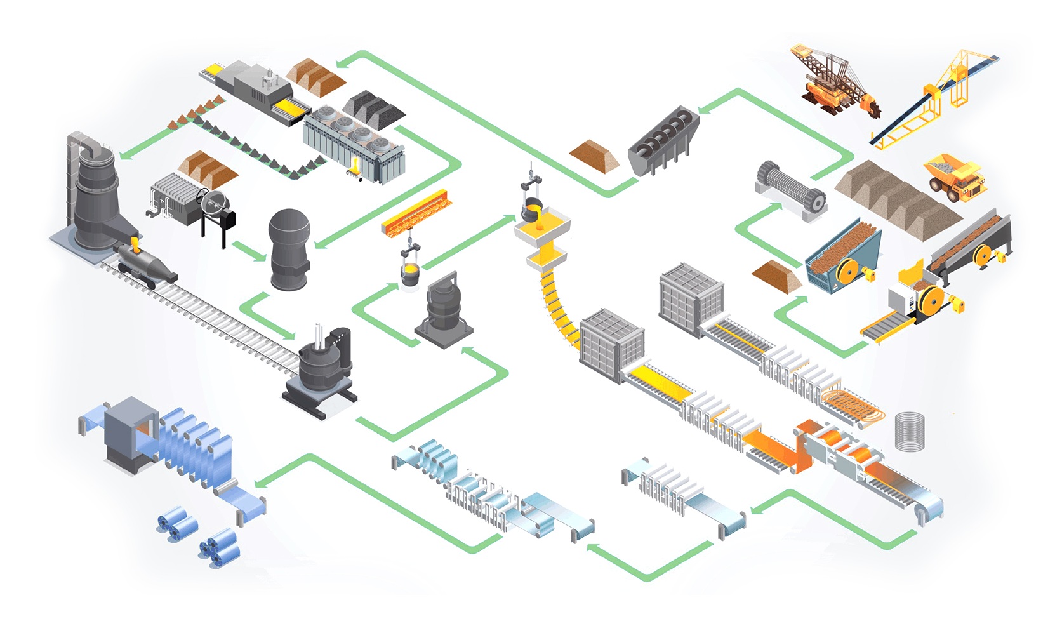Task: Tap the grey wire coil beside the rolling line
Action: coord(910,431)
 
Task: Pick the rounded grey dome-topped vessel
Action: coord(289,248)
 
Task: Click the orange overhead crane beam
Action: coord(418,213)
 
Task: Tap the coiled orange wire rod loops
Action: coord(853,406)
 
